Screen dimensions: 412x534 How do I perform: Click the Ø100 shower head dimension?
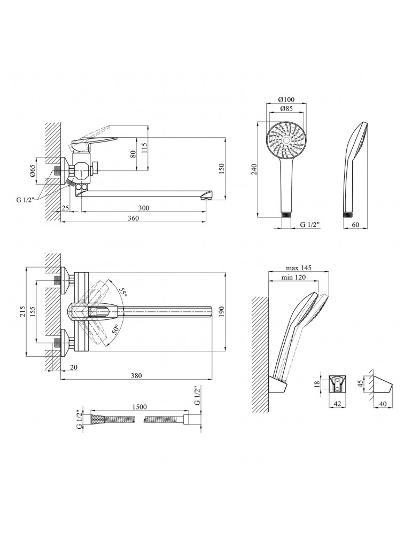tap(286, 100)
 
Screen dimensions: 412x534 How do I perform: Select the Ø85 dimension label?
tap(286, 109)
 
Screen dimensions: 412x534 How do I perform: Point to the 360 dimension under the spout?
tap(133, 218)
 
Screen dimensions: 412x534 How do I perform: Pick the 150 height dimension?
tap(222, 169)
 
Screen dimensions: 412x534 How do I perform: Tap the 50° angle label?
tap(115, 330)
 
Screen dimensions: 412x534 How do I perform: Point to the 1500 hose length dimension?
tap(139, 407)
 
